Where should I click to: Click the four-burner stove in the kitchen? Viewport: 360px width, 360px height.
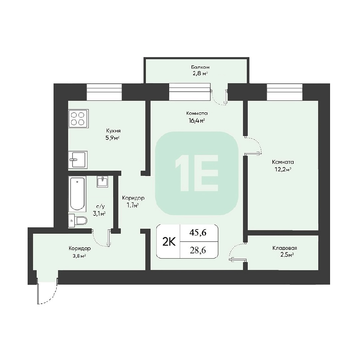[x=79, y=119]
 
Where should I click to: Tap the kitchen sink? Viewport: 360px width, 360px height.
[x=78, y=160]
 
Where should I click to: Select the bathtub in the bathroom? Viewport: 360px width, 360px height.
[x=77, y=193]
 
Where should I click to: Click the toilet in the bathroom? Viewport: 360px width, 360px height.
[x=78, y=221]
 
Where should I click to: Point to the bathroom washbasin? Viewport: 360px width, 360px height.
[x=102, y=182]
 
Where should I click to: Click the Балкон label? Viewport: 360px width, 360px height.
[x=200, y=67]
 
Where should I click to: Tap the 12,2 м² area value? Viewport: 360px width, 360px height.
[x=283, y=170]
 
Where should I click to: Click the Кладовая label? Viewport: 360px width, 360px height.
[x=285, y=248]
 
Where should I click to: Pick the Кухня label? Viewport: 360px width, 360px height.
[x=113, y=131]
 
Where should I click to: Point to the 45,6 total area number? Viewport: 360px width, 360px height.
[x=198, y=233]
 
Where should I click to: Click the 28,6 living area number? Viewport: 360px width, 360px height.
[x=198, y=250]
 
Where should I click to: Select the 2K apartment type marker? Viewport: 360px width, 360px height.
[x=169, y=242]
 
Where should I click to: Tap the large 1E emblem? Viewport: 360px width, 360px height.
[x=196, y=173]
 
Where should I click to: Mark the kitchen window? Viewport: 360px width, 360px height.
[x=104, y=92]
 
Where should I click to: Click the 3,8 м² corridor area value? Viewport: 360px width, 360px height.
[x=80, y=256]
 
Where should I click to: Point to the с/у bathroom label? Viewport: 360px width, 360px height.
[x=99, y=207]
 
